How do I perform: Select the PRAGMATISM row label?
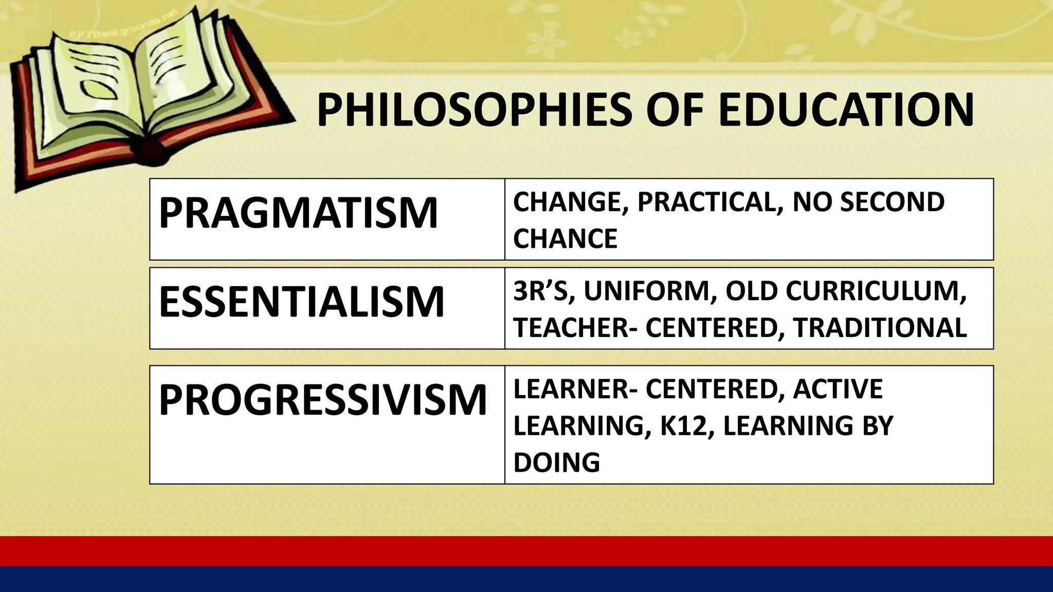coord(298,213)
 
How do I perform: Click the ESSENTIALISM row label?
coord(301,302)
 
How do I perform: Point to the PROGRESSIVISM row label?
coord(323,400)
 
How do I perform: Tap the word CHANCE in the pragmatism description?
coord(565,239)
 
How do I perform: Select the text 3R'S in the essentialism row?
coord(541,291)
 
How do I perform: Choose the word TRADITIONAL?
coord(879,328)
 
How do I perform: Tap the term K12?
coord(680,425)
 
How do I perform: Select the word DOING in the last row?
coord(556,462)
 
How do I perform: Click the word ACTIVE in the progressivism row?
coord(838,388)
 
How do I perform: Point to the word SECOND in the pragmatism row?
coord(892,202)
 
